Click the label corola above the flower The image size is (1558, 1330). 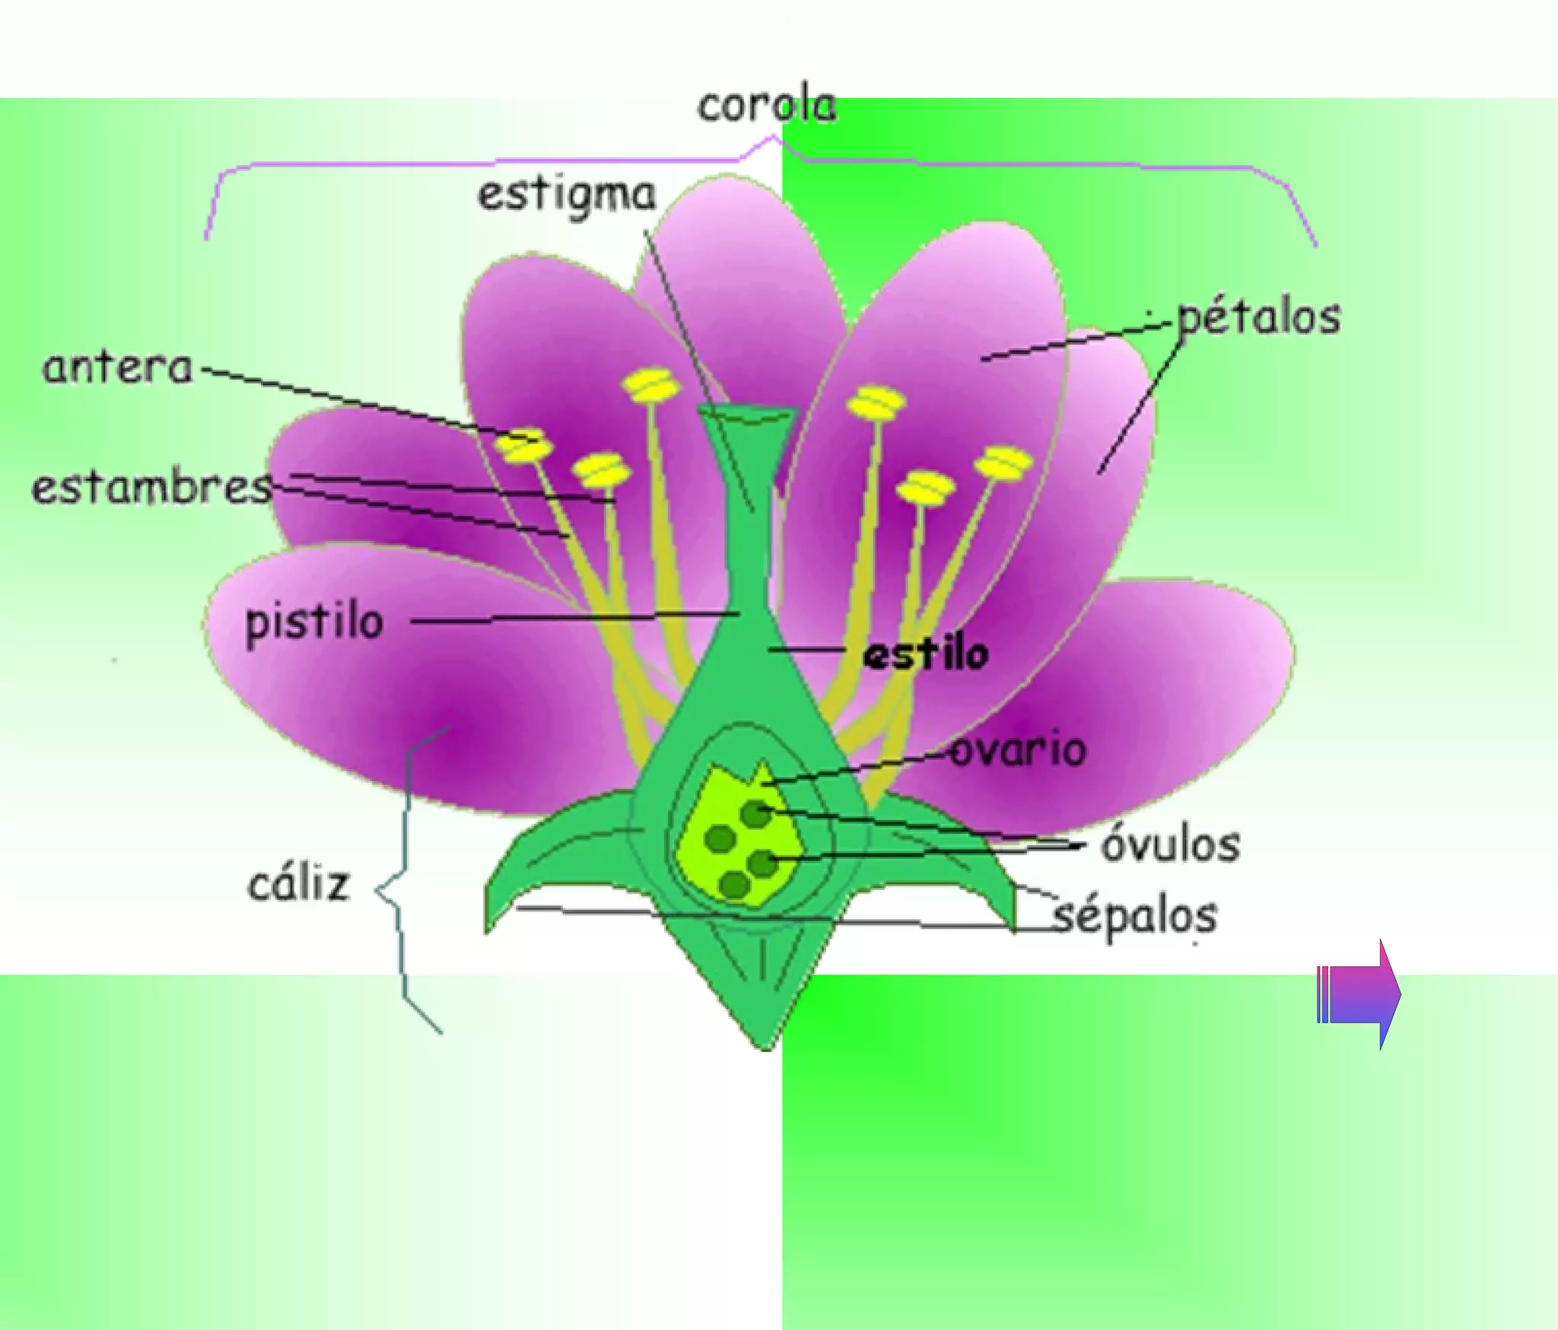pos(767,107)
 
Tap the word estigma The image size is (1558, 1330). pos(567,196)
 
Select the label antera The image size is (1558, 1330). pos(118,368)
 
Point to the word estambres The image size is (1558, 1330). pos(151,488)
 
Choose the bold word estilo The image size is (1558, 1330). pos(926,654)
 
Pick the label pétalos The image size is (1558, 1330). pos(1258,318)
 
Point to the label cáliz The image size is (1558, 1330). pos(299,884)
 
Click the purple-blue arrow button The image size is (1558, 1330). pos(1359,994)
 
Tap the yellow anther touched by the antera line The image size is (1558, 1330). pos(523,447)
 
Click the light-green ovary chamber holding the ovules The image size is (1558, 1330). pos(734,837)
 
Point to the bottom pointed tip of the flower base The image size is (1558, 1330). pos(766,1046)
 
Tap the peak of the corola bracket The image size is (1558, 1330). pos(774,138)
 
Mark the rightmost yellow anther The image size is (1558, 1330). pos(1004,463)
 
